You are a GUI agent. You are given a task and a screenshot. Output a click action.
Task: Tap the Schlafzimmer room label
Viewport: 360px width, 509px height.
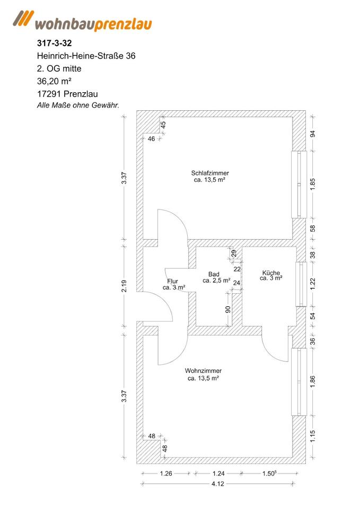tap(210, 177)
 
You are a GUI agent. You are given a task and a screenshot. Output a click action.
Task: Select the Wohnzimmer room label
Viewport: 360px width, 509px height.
tap(203, 374)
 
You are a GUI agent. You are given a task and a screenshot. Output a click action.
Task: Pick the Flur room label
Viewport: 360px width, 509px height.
tap(173, 284)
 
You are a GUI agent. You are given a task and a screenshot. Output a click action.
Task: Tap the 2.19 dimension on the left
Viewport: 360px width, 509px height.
tap(124, 286)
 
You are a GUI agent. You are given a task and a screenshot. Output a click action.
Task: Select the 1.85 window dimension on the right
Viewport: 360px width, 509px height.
tap(313, 184)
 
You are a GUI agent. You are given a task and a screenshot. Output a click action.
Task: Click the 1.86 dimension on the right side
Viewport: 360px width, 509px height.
tap(313, 382)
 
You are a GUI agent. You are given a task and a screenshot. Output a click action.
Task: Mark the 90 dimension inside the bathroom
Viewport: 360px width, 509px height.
tap(229, 310)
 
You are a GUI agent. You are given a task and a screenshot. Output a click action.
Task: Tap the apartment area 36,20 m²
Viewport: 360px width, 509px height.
tap(54, 81)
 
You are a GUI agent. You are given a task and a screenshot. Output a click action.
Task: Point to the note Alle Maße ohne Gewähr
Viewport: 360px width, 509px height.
tap(77, 105)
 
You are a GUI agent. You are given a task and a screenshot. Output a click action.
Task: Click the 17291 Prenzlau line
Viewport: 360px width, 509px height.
tap(67, 94)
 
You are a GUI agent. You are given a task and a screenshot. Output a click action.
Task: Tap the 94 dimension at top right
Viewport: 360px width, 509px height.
tap(313, 134)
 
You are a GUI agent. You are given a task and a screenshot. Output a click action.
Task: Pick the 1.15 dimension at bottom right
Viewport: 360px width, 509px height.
tap(313, 436)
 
